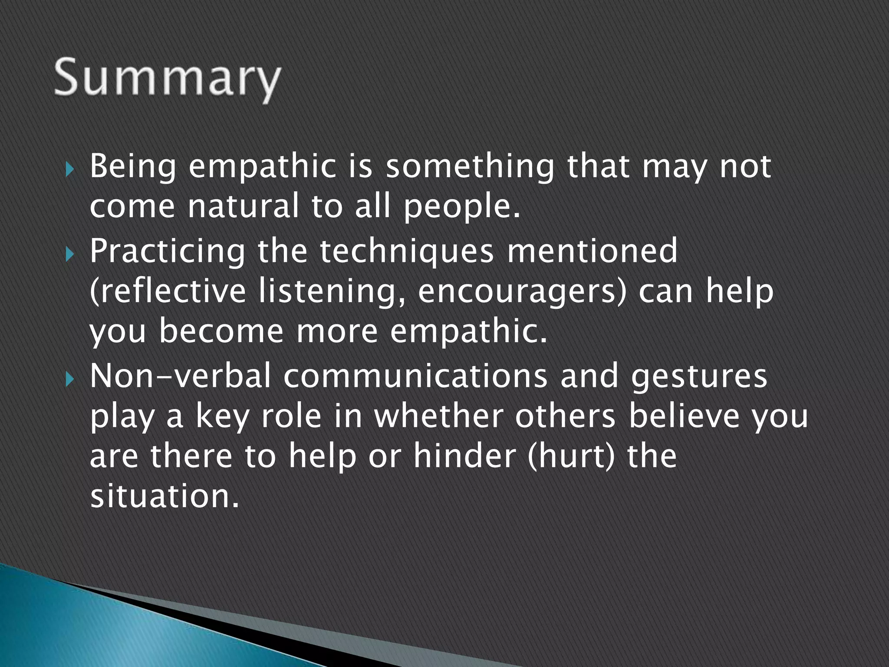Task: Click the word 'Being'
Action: pos(133,167)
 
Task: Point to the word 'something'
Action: pos(470,167)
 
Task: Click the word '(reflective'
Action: pos(167,292)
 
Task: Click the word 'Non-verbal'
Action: pos(180,376)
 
